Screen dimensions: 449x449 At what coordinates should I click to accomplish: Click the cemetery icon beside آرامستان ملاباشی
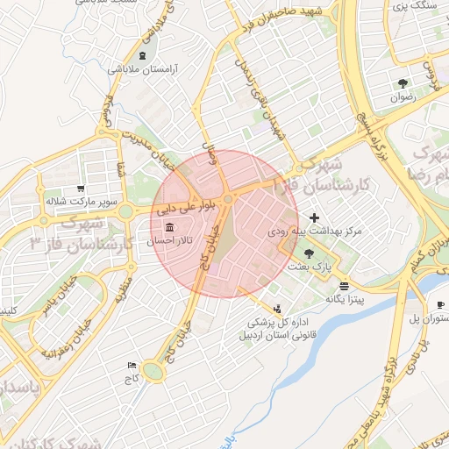pyautogui.click(x=142, y=56)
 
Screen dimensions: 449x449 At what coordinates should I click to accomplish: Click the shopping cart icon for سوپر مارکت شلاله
pyautogui.click(x=81, y=188)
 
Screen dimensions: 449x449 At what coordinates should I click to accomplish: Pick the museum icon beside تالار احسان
pyautogui.click(x=168, y=228)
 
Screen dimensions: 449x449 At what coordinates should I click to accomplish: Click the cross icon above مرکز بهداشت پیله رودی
pyautogui.click(x=314, y=217)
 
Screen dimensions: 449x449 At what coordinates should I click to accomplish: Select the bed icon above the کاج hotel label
pyautogui.click(x=132, y=365)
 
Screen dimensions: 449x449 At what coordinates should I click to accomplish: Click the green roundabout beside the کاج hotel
pyautogui.click(x=154, y=372)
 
